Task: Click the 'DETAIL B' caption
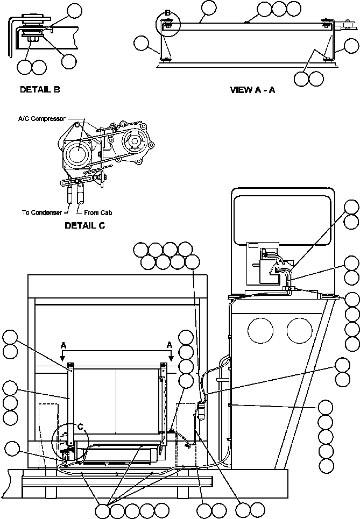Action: click(40, 89)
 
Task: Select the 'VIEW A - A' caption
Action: click(252, 90)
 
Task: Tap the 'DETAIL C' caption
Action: click(84, 225)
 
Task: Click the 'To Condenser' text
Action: click(41, 212)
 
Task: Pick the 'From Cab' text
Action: click(98, 212)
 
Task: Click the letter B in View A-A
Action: click(167, 12)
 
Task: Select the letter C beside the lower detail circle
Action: click(80, 427)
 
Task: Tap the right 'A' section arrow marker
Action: click(170, 345)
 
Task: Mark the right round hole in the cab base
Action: click(299, 329)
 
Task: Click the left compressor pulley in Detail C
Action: click(76, 154)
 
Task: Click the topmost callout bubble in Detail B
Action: click(75, 10)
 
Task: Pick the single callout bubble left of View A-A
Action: click(142, 44)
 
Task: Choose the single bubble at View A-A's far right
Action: click(351, 44)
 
